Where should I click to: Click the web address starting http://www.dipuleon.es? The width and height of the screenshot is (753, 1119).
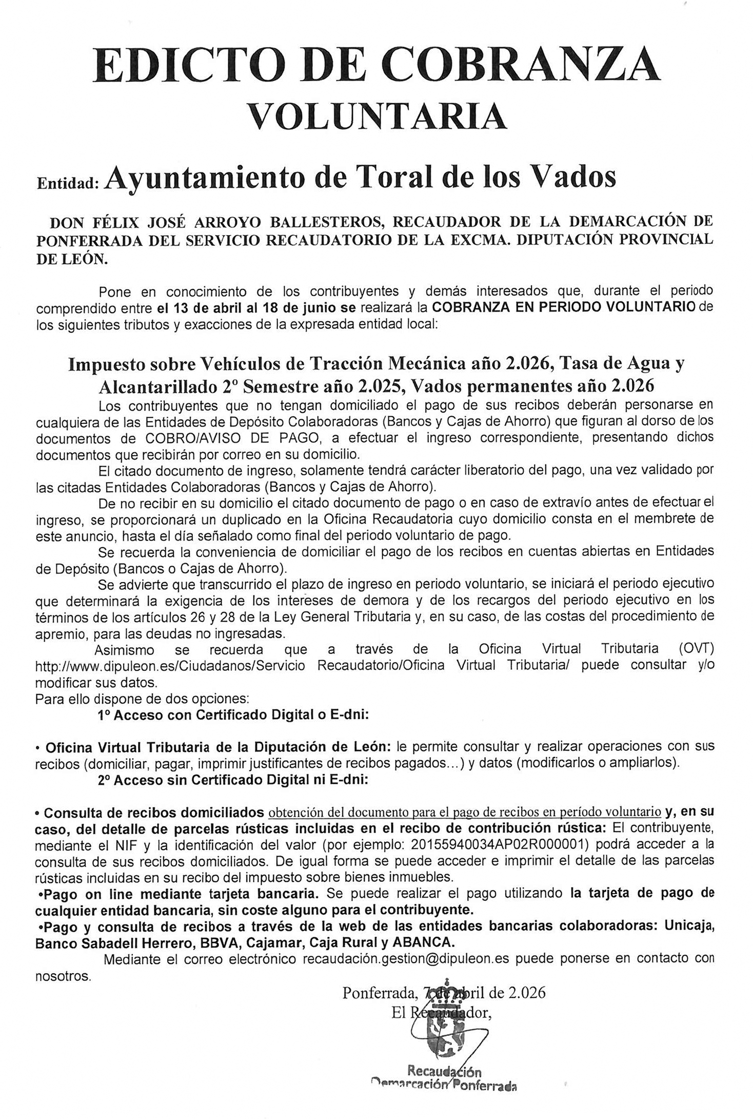(x=170, y=665)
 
